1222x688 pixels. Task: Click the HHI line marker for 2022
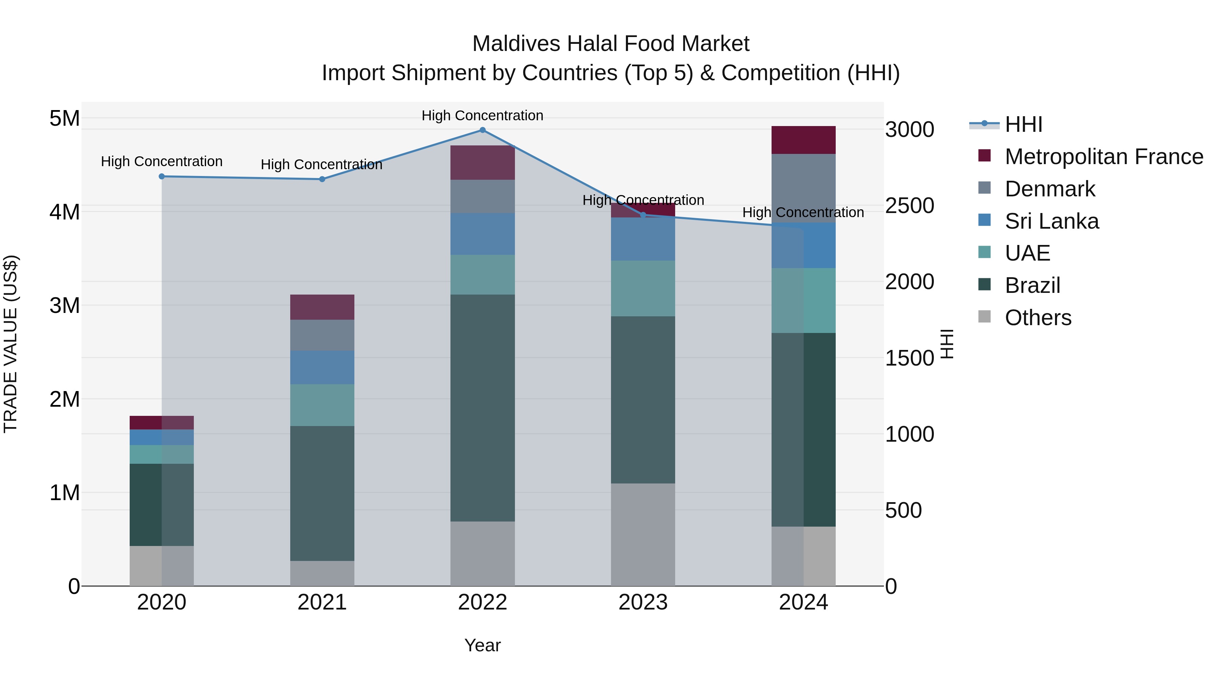(x=482, y=130)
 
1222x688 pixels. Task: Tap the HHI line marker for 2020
(x=162, y=177)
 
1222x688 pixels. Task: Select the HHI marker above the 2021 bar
(x=322, y=179)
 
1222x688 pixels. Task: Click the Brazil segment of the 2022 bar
(x=482, y=408)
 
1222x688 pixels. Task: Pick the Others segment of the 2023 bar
(x=643, y=535)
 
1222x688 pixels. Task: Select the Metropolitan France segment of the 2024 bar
(x=803, y=140)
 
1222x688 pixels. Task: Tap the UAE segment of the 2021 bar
(x=322, y=405)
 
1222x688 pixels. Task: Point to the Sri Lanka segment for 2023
(x=643, y=239)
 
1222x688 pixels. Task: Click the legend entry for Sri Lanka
(x=1051, y=221)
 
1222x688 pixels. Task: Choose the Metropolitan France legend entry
(x=1104, y=157)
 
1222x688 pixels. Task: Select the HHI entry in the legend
(x=1023, y=124)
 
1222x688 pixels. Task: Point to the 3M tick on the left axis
(x=64, y=306)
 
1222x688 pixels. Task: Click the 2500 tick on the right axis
(x=909, y=206)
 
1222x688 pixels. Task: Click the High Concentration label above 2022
(x=482, y=116)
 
